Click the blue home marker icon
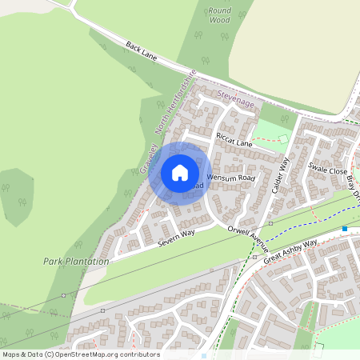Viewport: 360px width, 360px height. pos(180,173)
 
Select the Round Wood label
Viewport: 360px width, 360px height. pos(220,14)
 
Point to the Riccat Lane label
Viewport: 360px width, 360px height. pos(234,142)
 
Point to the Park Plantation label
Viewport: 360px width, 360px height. pos(76,262)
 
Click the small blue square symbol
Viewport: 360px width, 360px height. pos(345,229)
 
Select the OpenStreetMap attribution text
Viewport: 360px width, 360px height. pos(80,354)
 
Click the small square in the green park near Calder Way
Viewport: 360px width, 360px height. pos(282,138)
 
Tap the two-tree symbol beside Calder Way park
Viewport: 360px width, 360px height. pos(285,120)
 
